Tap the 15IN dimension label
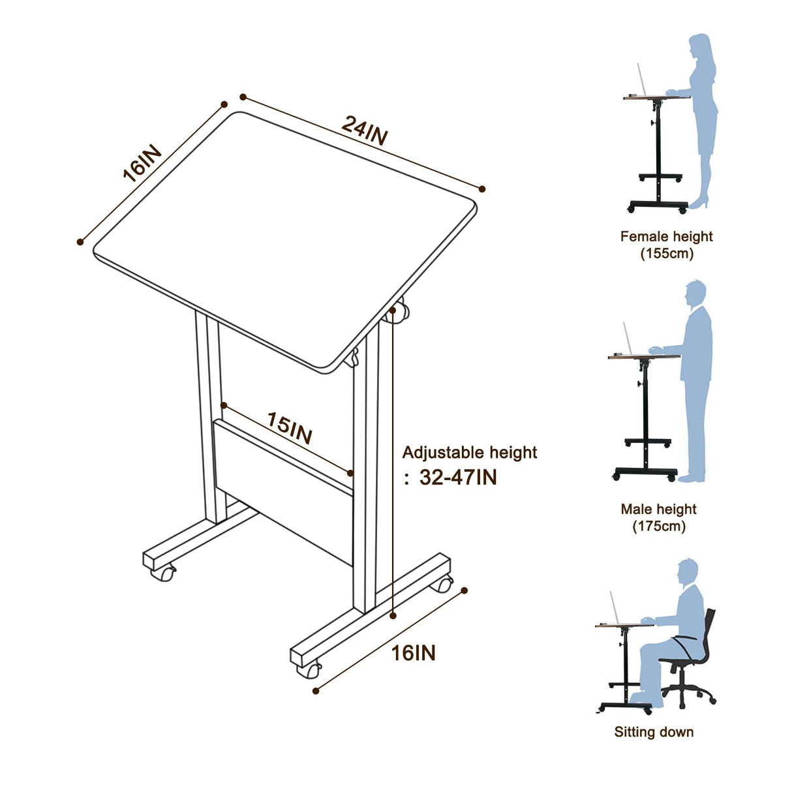pyautogui.click(x=290, y=429)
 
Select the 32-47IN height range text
pyautogui.click(x=458, y=478)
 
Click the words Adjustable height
pyautogui.click(x=469, y=452)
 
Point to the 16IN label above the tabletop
pyautogui.click(x=142, y=163)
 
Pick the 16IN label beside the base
pyautogui.click(x=413, y=652)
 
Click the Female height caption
pyautogui.click(x=666, y=236)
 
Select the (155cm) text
pyautogui.click(x=666, y=253)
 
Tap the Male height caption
pyautogui.click(x=658, y=509)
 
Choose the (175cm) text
pyautogui.click(x=658, y=526)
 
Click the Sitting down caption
pyautogui.click(x=654, y=732)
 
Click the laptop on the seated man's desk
pyautogui.click(x=615, y=609)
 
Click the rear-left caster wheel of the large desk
pyautogui.click(x=164, y=573)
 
